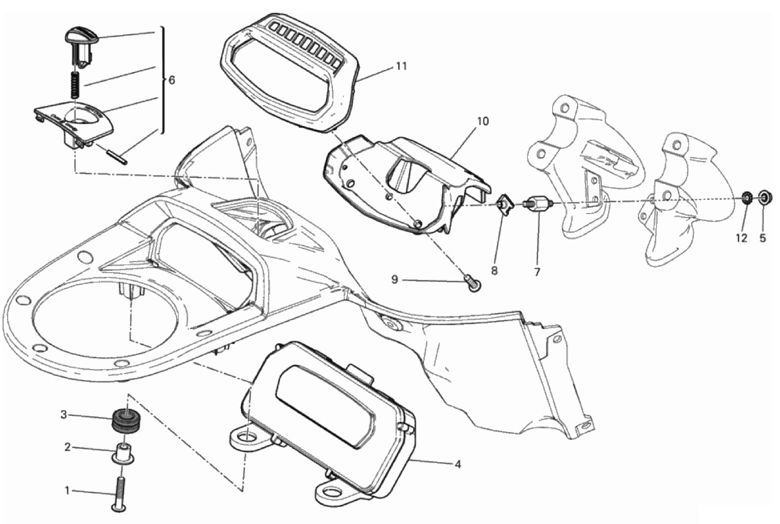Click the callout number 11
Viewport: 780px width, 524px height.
tap(402, 66)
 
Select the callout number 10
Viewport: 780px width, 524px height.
tap(482, 121)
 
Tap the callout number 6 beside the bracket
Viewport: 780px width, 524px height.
tap(172, 80)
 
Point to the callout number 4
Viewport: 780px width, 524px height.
tap(457, 465)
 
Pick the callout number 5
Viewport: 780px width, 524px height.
tap(762, 238)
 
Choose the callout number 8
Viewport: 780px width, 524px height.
tap(494, 271)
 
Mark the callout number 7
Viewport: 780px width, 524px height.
tap(537, 271)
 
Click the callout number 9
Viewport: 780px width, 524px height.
tap(394, 280)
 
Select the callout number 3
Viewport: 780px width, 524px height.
tap(64, 414)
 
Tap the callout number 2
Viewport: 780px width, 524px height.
tap(67, 448)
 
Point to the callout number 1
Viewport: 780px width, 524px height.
tap(67, 490)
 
